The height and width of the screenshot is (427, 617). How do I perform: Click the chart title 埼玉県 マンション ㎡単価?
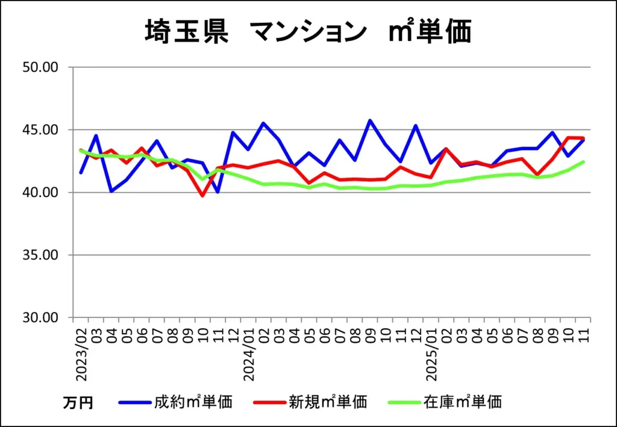pos(308,31)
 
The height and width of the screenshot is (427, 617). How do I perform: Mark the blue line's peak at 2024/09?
pos(370,120)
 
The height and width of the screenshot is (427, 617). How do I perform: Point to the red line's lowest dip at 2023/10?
pos(202,196)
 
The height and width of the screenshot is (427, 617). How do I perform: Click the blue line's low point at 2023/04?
pos(111,192)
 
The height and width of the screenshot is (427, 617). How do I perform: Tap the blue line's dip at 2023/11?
pos(218,192)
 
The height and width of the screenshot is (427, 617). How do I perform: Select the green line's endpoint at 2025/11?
pos(583,161)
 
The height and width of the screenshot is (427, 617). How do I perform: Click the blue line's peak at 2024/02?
pos(263,123)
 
